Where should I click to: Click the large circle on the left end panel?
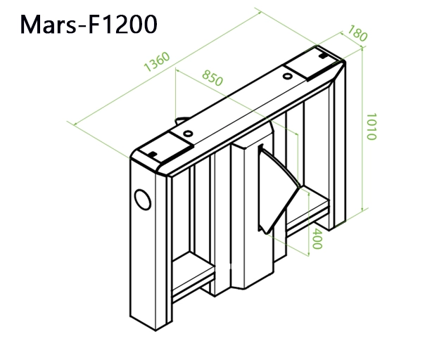143,199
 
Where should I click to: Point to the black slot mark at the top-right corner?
321,53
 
